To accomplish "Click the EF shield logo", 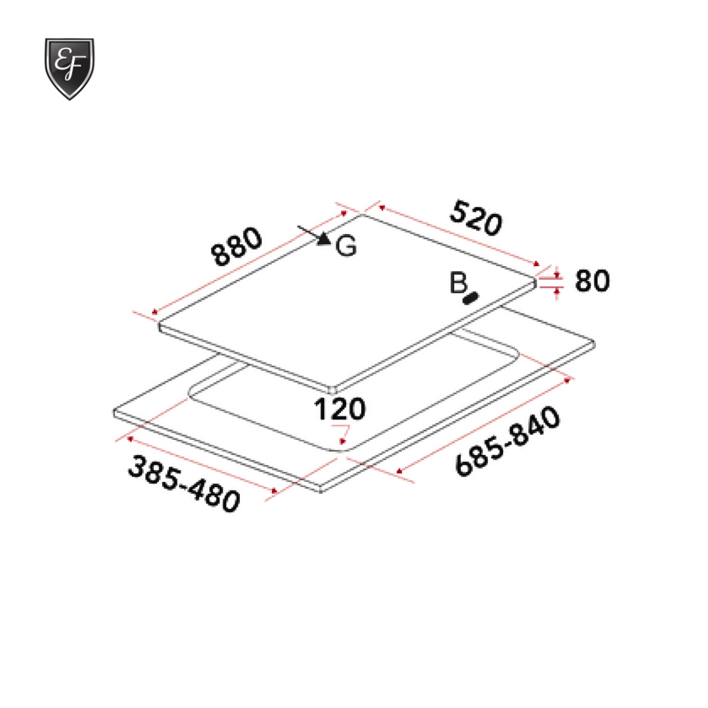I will (69, 68).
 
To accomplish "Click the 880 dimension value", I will (237, 247).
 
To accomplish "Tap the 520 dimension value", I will (476, 220).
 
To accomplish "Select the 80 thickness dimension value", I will (592, 281).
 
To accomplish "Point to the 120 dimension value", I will (339, 410).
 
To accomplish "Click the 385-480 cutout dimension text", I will (184, 484).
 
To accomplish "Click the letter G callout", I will (346, 246).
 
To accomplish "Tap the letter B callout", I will (458, 283).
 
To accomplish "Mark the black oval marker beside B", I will (469, 298).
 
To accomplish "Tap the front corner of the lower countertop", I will (321, 491).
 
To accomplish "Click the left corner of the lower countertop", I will (114, 413).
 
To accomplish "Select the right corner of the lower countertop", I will (595, 342).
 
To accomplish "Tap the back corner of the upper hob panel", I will (361, 214).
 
